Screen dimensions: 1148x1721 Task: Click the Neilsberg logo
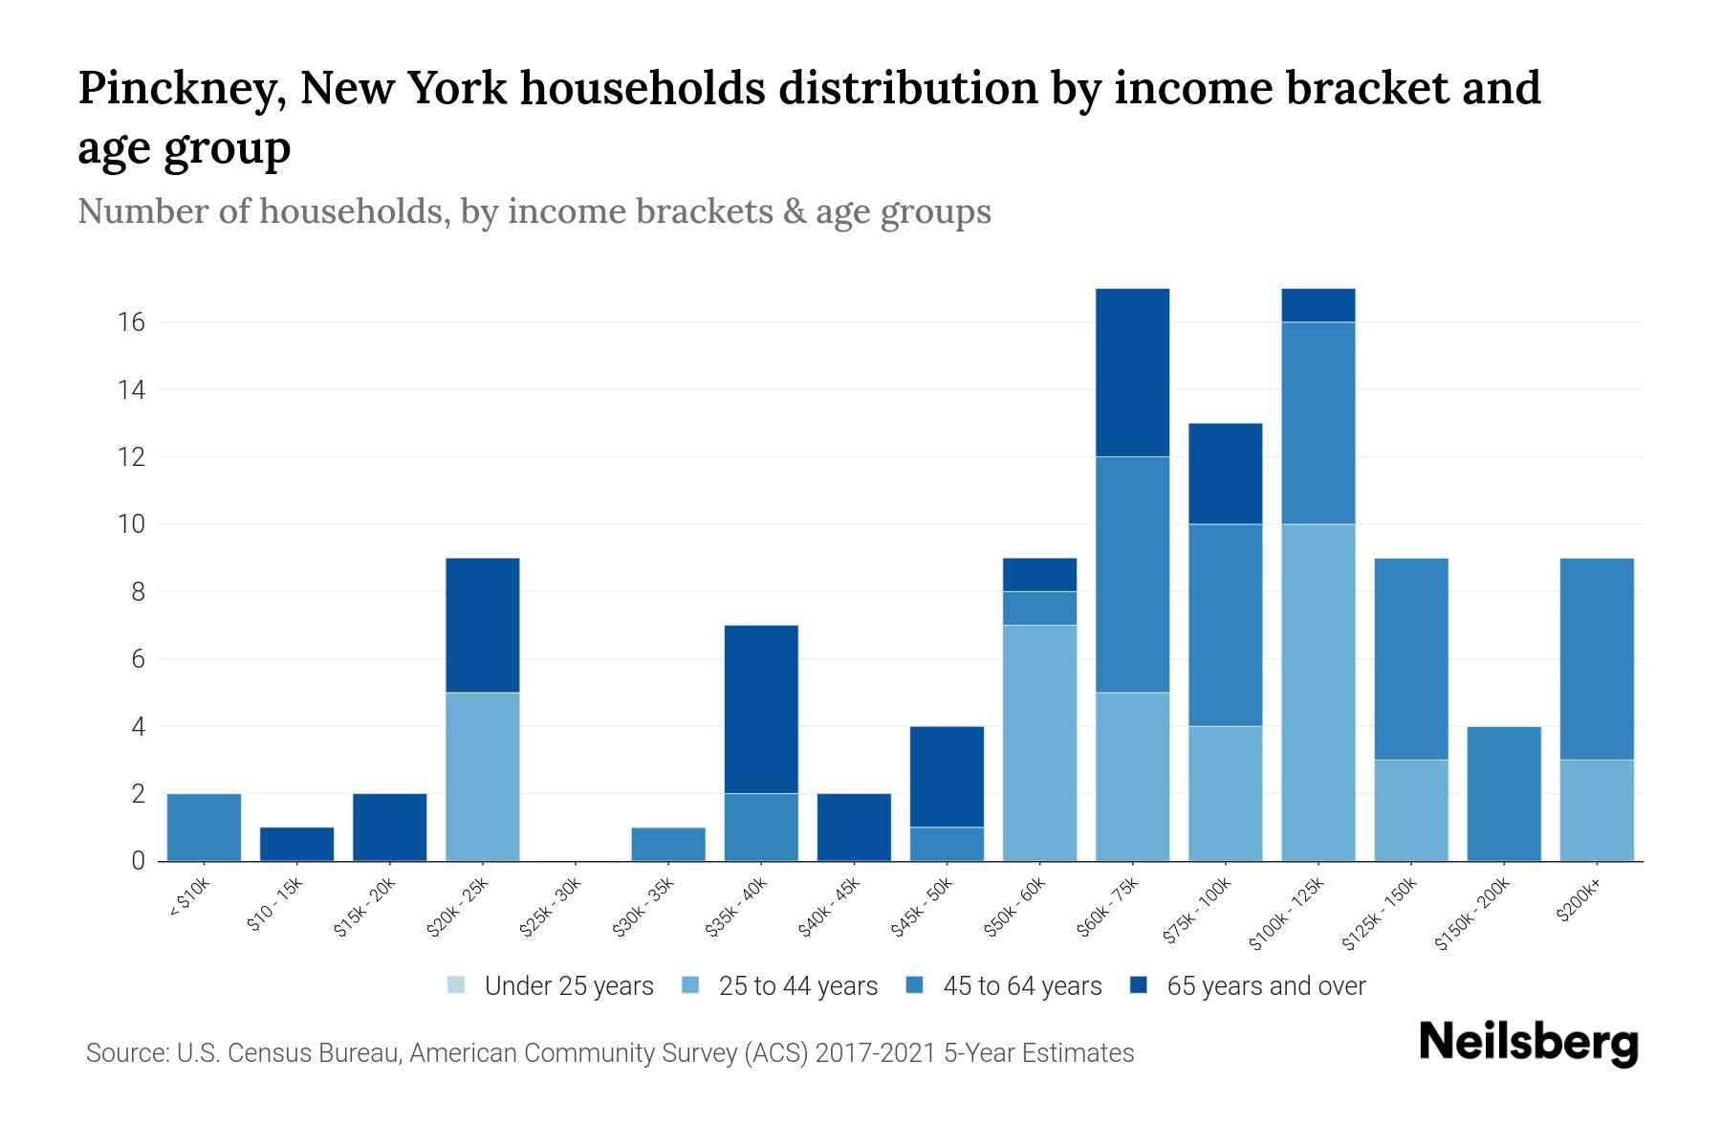(1528, 1043)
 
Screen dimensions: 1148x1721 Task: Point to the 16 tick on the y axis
(132, 322)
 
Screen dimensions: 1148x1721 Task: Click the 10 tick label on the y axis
(132, 524)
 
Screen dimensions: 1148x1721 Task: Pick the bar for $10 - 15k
(296, 844)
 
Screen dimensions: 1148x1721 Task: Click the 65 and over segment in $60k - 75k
(1132, 372)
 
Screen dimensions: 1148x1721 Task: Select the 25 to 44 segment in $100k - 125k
(1318, 692)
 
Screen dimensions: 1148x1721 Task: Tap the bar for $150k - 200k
(1503, 793)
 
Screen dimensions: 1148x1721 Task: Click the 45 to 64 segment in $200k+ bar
(1596, 658)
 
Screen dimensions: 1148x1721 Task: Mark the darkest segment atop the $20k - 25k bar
(482, 625)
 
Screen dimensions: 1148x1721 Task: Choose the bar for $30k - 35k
(668, 844)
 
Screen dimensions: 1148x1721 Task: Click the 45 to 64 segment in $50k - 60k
(1039, 607)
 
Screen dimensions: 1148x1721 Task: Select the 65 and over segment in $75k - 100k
(1225, 474)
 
